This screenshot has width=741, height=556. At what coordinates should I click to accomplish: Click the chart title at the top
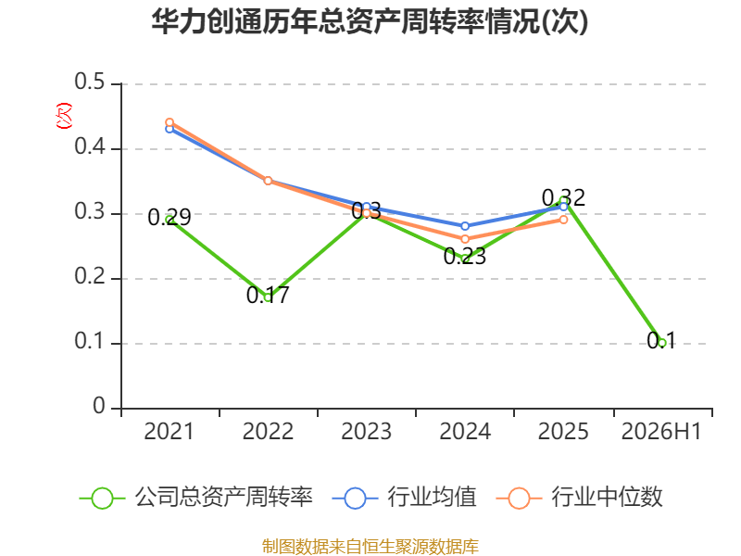coord(370,21)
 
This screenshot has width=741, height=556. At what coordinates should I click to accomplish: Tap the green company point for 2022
coord(268,297)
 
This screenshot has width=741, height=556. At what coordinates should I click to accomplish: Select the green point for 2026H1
coord(661,343)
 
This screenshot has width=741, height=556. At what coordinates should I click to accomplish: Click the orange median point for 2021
coord(170,122)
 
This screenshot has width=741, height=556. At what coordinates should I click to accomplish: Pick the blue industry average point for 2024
coord(465,226)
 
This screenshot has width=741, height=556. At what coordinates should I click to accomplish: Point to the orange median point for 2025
coord(563,220)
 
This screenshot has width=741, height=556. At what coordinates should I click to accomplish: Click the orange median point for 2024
coord(465,239)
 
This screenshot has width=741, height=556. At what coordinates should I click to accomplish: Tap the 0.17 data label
coord(268,296)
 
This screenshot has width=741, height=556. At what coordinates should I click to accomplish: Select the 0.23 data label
coord(465,257)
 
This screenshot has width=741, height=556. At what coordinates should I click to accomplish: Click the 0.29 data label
coord(170,218)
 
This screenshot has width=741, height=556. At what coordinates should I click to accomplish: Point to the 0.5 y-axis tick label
coord(90,82)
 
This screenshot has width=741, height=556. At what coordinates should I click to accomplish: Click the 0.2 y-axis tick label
coord(90,276)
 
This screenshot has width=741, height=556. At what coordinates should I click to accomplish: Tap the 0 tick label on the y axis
coord(99,406)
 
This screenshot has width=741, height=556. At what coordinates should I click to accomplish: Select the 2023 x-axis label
coord(366,432)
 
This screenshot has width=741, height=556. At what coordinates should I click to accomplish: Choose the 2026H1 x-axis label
coord(661,432)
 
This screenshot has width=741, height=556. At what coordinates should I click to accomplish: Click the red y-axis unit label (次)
coord(64,116)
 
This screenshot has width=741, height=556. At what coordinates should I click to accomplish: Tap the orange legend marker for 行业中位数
coord(519,499)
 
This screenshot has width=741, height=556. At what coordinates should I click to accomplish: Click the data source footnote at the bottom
coord(370,547)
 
